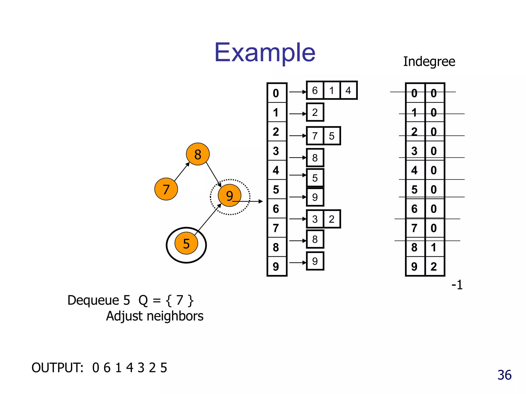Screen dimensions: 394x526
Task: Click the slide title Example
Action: click(265, 53)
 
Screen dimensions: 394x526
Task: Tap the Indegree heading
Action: click(429, 62)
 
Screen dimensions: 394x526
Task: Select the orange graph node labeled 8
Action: click(198, 154)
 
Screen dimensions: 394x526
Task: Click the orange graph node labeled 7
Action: click(166, 189)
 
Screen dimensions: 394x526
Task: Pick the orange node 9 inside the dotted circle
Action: click(229, 195)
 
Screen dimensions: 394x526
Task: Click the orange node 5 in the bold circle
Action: click(186, 243)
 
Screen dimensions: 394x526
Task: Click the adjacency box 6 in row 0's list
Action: click(315, 90)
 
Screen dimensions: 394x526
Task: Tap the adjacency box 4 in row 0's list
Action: click(348, 90)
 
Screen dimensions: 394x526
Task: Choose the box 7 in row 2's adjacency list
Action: click(315, 136)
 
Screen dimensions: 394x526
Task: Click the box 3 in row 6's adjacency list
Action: click(315, 219)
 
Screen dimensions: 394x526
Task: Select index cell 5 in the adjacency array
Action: click(276, 189)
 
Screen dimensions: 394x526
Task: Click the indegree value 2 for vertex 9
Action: click(434, 267)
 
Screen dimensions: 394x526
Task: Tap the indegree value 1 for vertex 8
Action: click(434, 247)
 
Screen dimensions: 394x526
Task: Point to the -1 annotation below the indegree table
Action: click(457, 285)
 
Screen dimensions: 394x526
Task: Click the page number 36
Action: click(504, 375)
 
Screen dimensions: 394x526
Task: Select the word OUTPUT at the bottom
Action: click(57, 368)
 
